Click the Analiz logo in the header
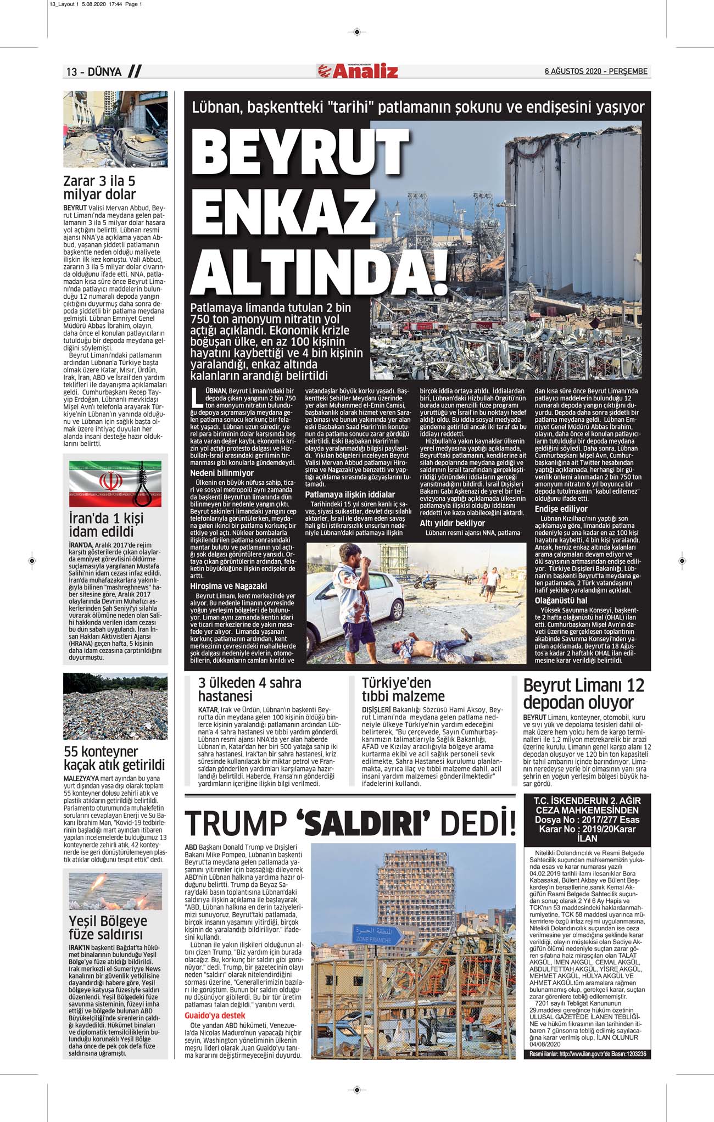point(357,71)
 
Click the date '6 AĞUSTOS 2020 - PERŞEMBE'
point(595,71)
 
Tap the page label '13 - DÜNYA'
point(94,72)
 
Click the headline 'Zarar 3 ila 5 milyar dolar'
point(99,188)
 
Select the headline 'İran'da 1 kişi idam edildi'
point(106,524)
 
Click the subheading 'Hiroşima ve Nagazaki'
point(228,586)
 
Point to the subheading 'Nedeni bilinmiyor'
point(221,473)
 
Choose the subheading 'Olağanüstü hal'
point(561,600)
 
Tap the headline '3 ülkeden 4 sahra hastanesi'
point(249,689)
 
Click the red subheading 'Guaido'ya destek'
point(215,1015)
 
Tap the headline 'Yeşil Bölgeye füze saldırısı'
point(108,927)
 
